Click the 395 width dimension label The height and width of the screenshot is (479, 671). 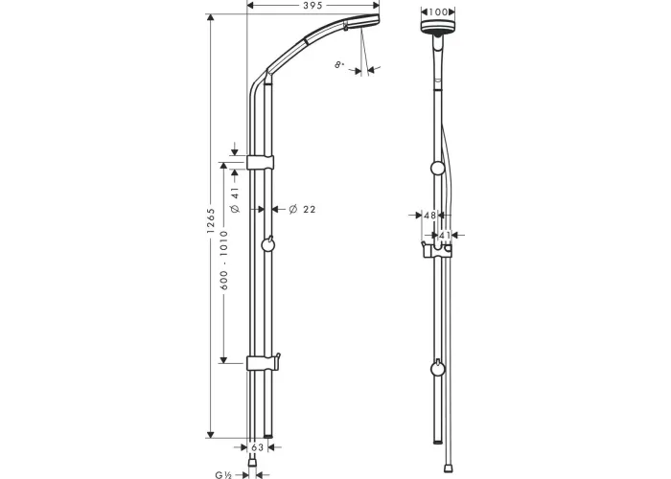coord(312,6)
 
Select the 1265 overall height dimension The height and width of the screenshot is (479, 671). coord(211,220)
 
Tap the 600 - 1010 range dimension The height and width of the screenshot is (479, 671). coord(223,261)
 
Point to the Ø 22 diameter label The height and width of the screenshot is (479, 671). coord(302,209)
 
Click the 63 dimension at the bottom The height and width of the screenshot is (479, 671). coord(257,447)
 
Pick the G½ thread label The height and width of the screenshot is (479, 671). coord(223,475)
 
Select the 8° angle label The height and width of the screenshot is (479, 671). coord(339,65)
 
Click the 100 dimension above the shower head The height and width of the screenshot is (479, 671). coord(438,11)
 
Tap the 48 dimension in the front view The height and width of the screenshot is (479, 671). coord(429,216)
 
